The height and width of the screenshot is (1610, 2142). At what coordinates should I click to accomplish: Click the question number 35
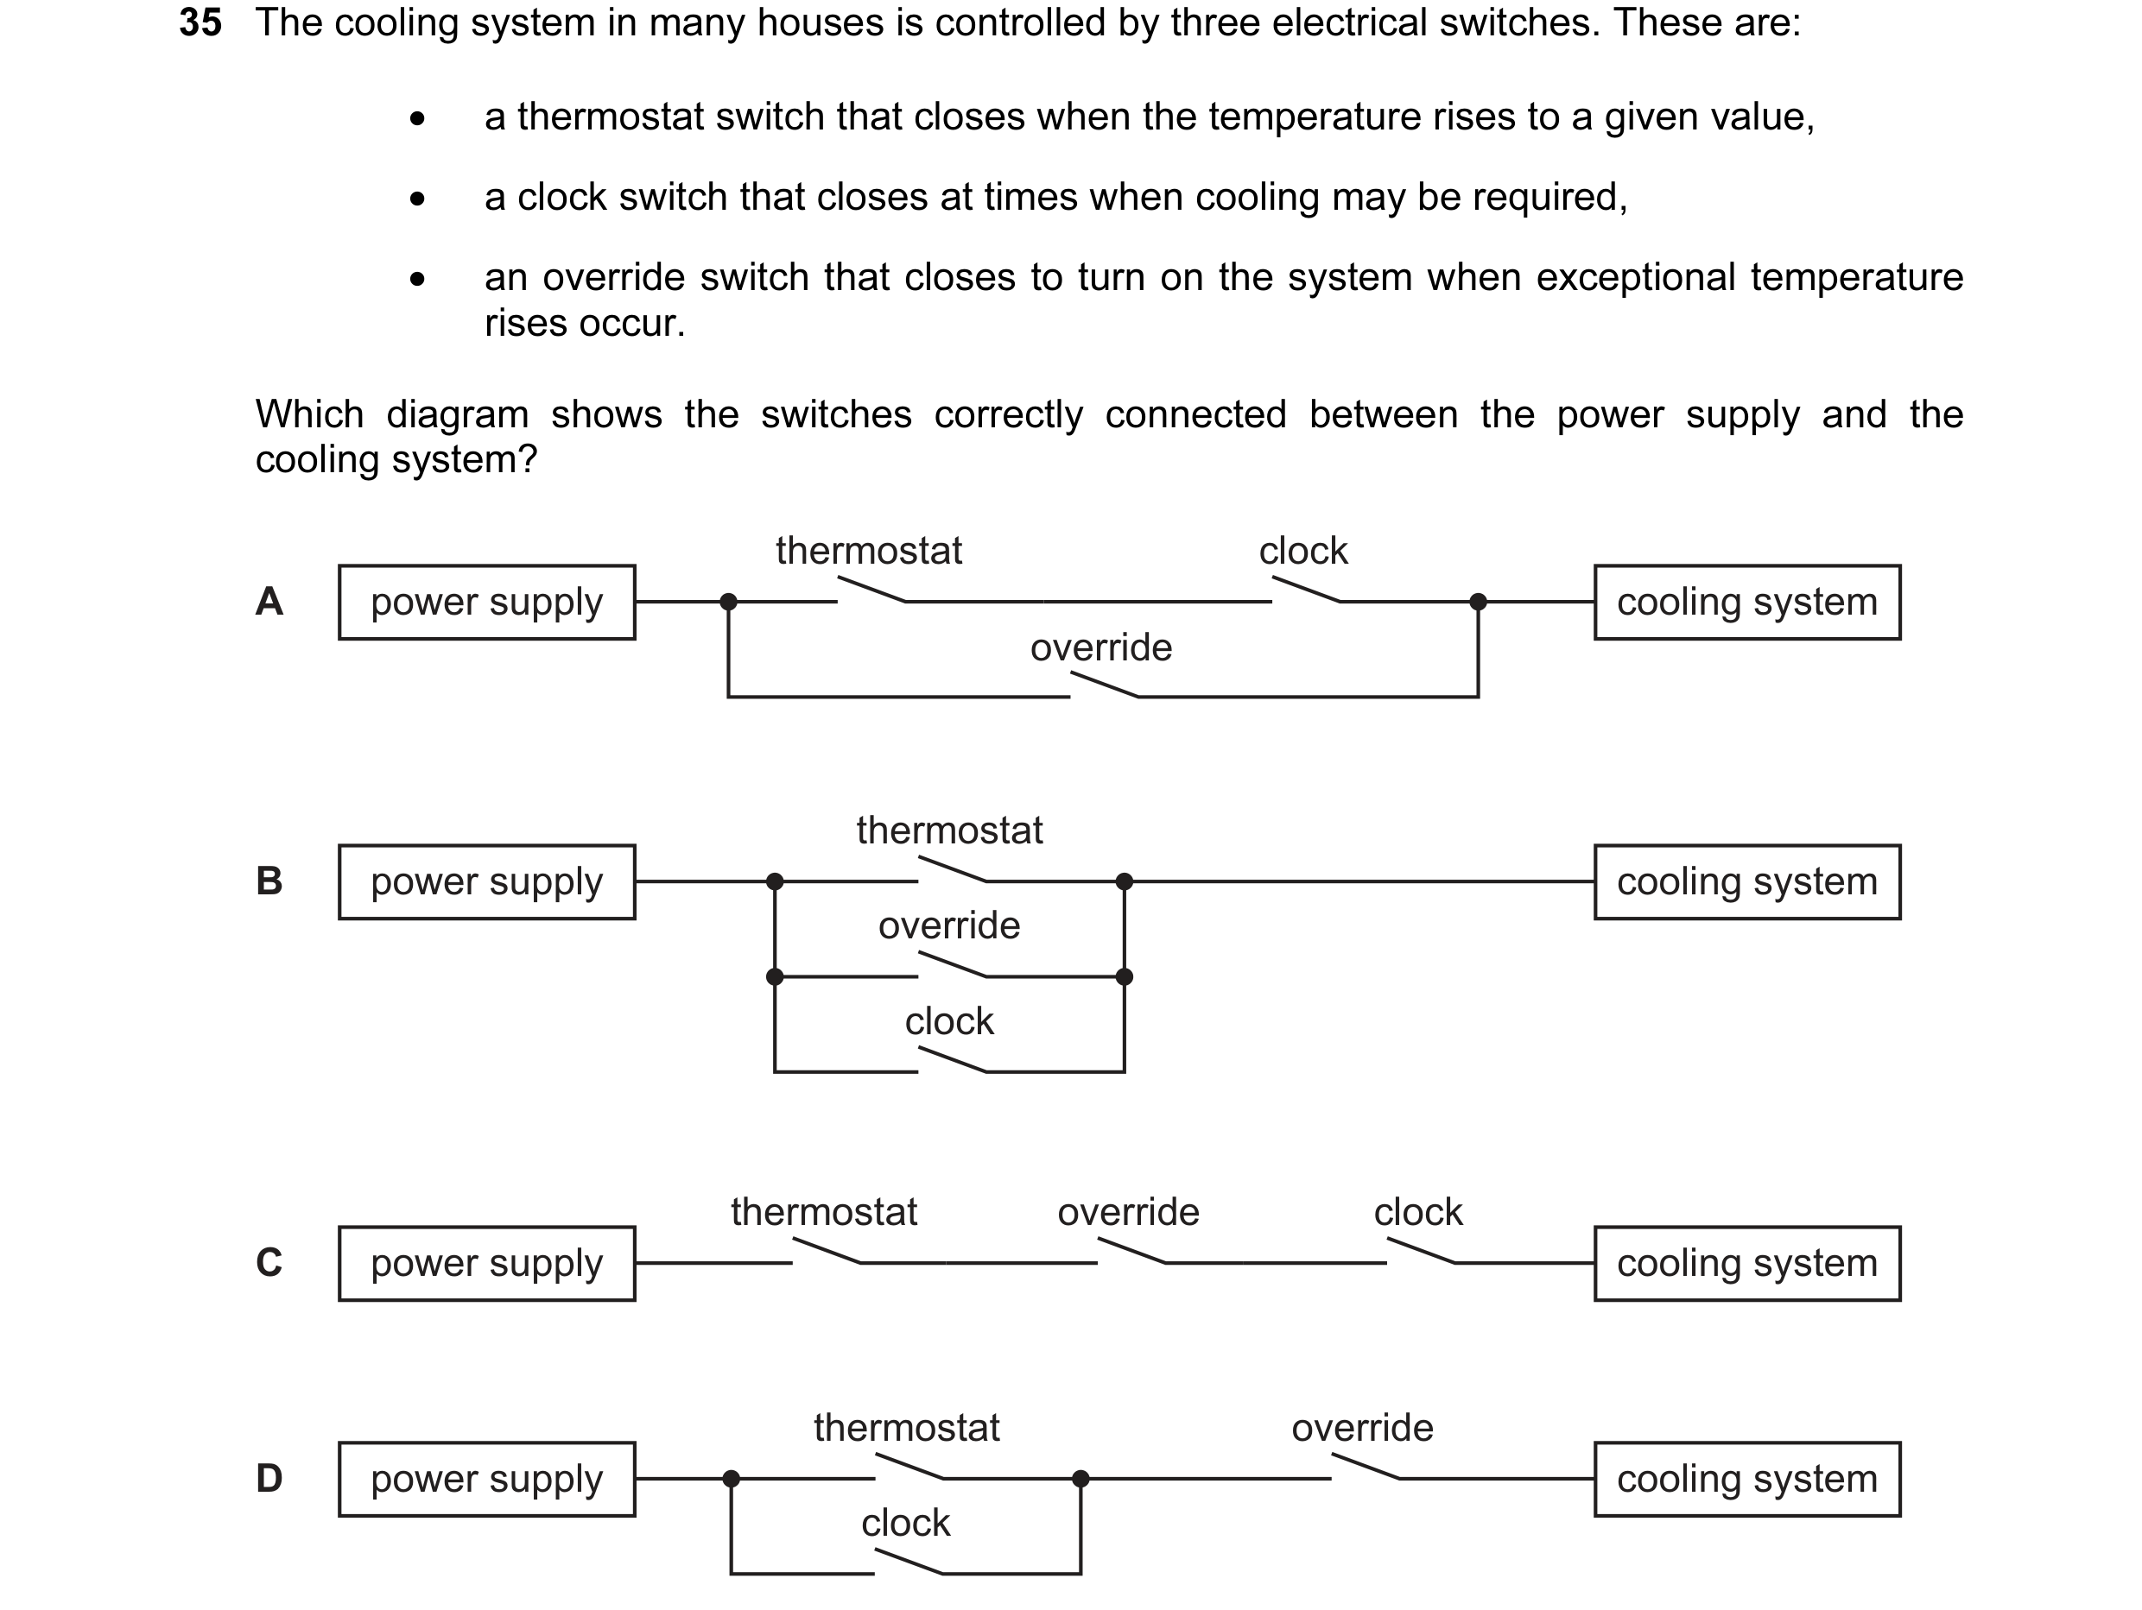(x=200, y=22)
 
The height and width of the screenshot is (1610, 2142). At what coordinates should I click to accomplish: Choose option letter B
(x=269, y=881)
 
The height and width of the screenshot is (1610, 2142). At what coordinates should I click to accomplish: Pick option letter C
(x=269, y=1262)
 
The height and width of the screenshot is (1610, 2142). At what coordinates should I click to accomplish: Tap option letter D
(x=269, y=1478)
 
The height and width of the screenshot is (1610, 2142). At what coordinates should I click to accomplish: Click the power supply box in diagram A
(x=487, y=603)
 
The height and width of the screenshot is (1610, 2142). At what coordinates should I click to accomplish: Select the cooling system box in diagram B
(x=1748, y=882)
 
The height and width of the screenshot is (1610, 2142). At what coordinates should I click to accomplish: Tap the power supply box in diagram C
(x=487, y=1264)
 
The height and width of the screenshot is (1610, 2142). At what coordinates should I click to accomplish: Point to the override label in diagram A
(x=1101, y=647)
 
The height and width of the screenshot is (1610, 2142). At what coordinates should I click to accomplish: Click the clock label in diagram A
(x=1303, y=551)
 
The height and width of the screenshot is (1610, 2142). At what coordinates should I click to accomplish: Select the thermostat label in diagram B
(x=950, y=830)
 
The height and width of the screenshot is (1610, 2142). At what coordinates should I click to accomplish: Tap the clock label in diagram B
(x=949, y=1021)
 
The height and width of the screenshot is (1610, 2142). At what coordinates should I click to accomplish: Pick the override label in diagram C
(x=1128, y=1212)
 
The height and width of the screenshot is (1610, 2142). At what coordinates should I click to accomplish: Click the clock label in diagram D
(x=905, y=1524)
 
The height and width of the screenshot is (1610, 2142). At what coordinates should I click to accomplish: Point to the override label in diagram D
(x=1362, y=1428)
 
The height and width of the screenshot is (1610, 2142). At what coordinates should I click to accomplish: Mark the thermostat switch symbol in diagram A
(x=871, y=590)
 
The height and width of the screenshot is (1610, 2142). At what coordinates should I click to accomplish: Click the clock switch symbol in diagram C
(x=1421, y=1251)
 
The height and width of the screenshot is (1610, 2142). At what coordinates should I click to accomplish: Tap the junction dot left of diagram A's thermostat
(x=729, y=603)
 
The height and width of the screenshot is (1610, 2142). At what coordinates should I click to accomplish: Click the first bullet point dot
(x=417, y=118)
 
